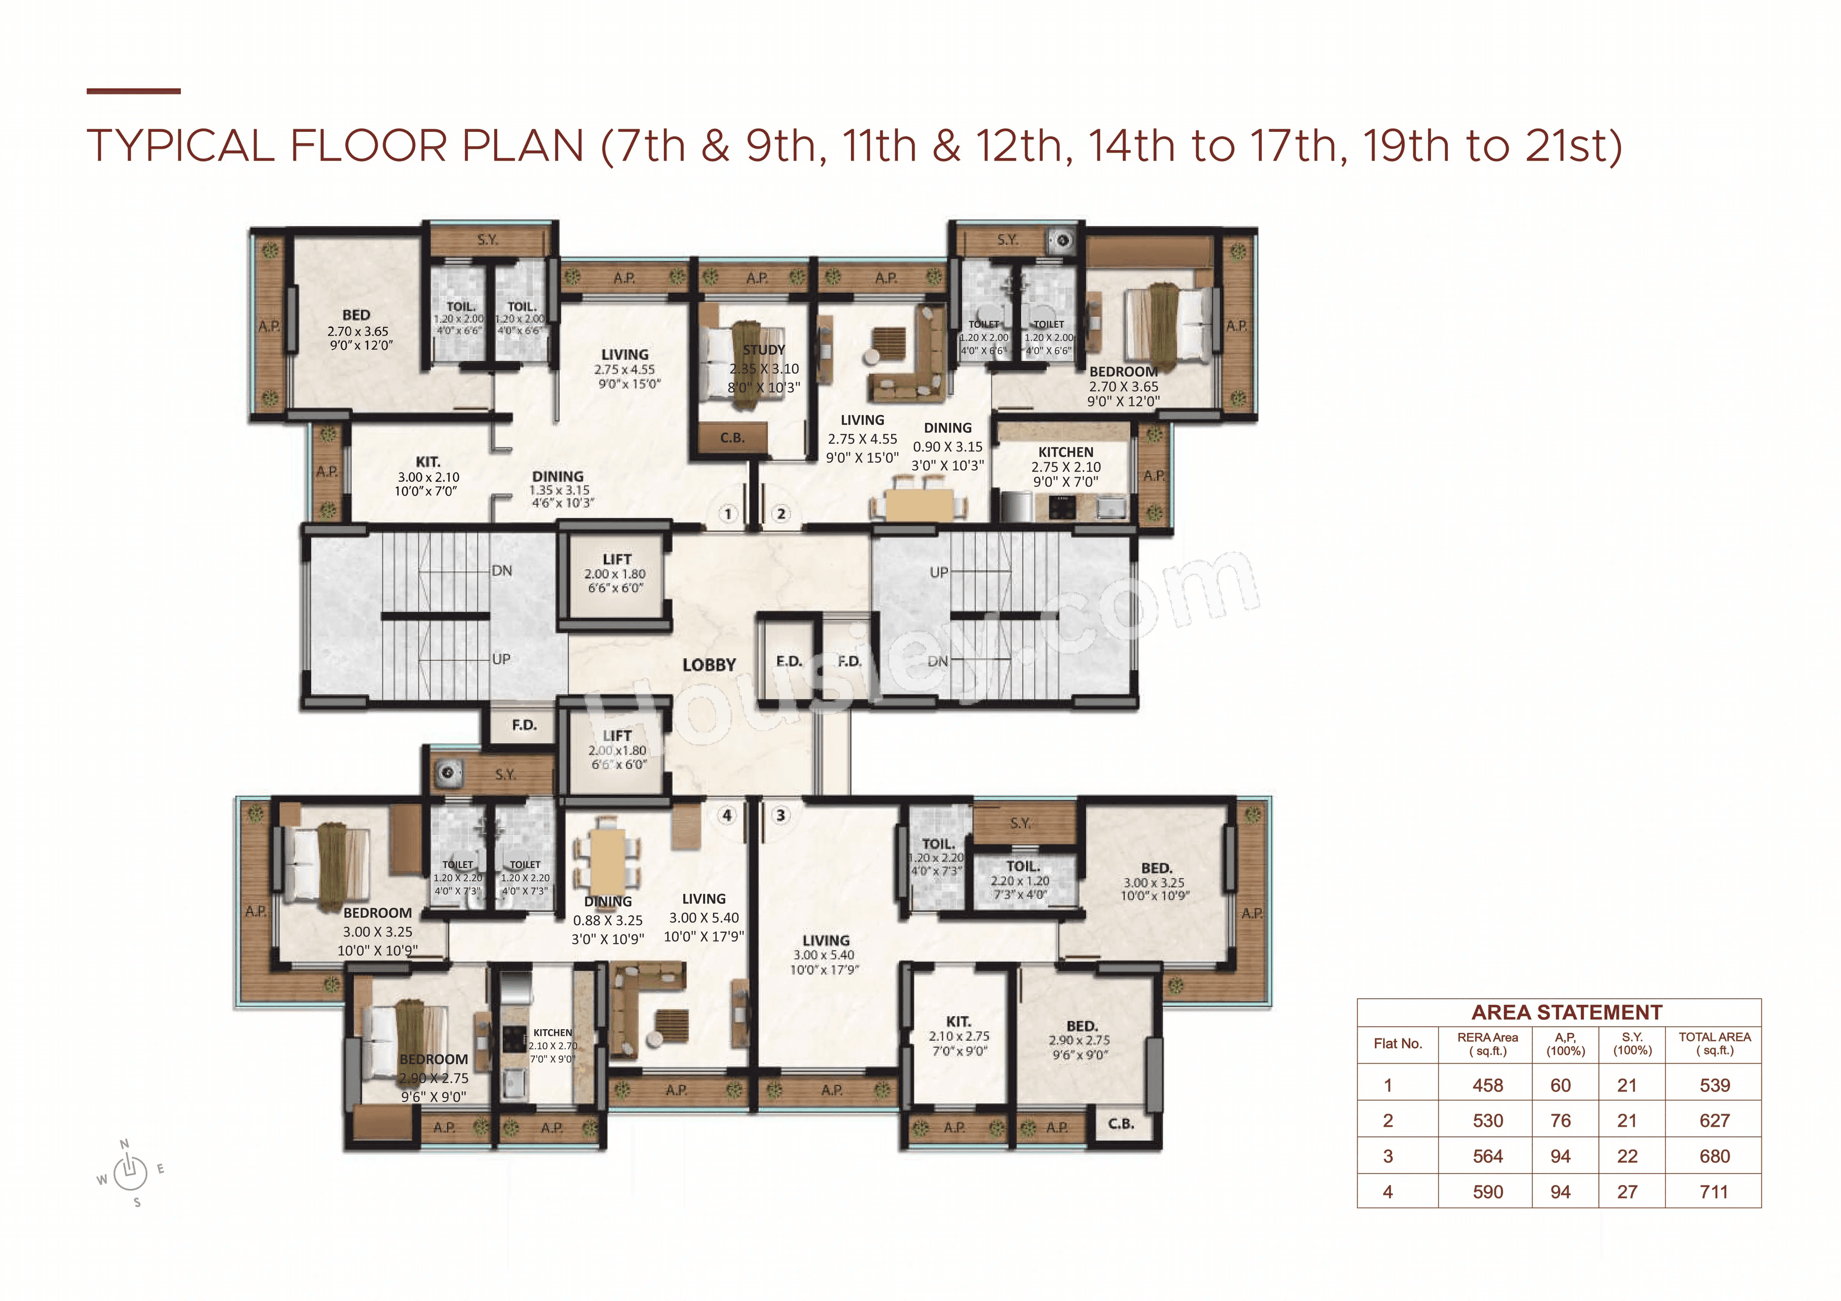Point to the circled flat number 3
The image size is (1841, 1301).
click(x=780, y=816)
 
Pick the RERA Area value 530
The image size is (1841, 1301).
click(x=1487, y=1121)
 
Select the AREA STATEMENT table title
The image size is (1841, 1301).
click(x=1566, y=1012)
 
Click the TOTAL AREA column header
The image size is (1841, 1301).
click(x=1714, y=1043)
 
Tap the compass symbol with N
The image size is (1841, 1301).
click(x=129, y=1173)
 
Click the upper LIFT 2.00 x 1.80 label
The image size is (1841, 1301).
click(x=616, y=573)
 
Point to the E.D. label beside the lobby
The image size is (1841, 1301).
click(x=788, y=662)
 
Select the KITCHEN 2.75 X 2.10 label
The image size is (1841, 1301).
click(x=1066, y=466)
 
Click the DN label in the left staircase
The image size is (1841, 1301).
click(x=502, y=571)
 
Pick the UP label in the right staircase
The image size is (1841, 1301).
click(x=938, y=572)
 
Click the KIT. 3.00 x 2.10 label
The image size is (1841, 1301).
click(x=427, y=476)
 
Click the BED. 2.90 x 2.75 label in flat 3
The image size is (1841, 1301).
click(x=1081, y=1040)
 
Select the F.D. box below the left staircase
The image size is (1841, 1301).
click(x=524, y=725)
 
